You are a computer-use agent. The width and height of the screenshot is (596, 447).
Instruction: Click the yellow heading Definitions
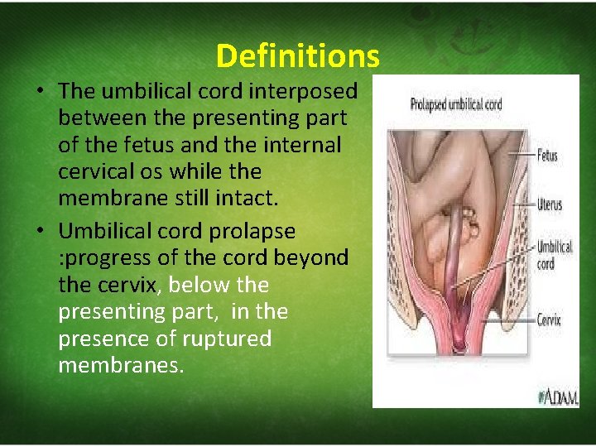[x=297, y=55]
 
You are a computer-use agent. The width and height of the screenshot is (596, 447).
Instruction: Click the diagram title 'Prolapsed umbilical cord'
[x=456, y=105]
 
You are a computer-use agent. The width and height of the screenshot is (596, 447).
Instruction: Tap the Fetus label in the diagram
[x=547, y=156]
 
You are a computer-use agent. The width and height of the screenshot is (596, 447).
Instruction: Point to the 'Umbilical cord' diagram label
[x=554, y=255]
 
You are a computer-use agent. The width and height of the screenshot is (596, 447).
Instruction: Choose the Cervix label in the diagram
[x=548, y=319]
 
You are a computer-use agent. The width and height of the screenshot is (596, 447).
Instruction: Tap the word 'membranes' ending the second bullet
[x=120, y=366]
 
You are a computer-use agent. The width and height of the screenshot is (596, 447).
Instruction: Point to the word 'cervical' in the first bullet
[x=99, y=172]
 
